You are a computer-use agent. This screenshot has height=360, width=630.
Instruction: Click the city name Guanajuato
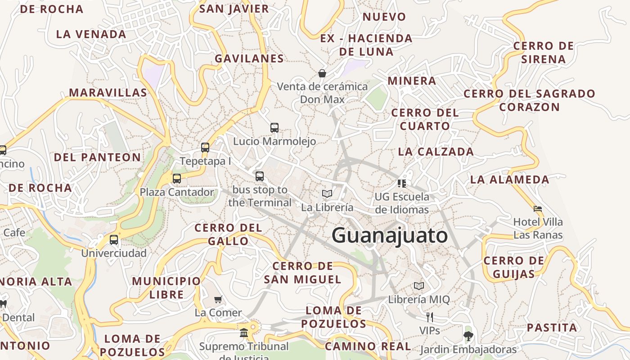[x=390, y=236]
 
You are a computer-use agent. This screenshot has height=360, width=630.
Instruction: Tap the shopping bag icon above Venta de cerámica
[x=322, y=73]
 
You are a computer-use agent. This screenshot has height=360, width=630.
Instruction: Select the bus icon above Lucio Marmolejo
[x=274, y=128]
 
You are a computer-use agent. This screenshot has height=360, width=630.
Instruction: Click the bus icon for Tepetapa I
[x=205, y=148]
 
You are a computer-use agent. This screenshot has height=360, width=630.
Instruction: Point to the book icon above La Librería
[x=327, y=194]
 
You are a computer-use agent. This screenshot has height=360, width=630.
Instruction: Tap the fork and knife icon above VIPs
[x=429, y=317]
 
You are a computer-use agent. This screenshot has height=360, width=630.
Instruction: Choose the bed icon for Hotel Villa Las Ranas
[x=538, y=209]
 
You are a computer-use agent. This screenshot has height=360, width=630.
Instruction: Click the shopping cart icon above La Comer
[x=218, y=299]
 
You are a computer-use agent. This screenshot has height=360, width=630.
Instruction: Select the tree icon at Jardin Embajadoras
[x=468, y=336]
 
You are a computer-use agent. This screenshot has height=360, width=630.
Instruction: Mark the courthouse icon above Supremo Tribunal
[x=244, y=333]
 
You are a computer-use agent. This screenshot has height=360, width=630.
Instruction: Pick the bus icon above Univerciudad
[x=114, y=240]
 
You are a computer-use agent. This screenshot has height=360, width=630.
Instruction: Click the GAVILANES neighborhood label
[x=249, y=58]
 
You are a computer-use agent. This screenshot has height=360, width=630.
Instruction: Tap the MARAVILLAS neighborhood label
[x=108, y=93]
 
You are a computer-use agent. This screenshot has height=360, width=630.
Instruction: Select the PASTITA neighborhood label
[x=552, y=328]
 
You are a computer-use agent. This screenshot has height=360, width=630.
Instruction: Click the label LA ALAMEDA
[x=509, y=180]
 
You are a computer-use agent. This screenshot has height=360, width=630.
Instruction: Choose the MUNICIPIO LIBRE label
[x=166, y=288]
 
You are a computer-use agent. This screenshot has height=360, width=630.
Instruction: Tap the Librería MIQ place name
[x=418, y=299]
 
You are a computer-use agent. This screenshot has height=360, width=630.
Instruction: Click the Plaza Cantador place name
[x=177, y=192]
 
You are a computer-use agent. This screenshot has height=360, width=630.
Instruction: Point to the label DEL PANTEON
[x=97, y=157]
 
